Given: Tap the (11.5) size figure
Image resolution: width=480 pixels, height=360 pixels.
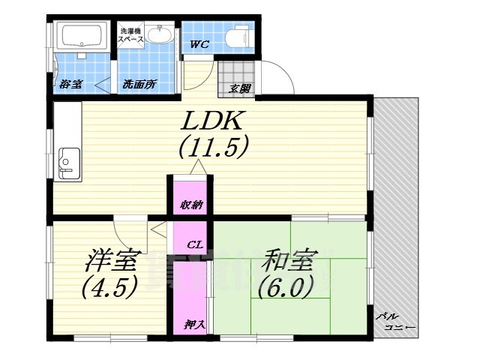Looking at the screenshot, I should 213,148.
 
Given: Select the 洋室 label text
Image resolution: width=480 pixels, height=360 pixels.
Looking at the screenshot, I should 109,262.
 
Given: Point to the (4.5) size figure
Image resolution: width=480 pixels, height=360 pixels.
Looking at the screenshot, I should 109,287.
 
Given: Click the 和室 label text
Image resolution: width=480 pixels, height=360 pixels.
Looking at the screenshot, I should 287,262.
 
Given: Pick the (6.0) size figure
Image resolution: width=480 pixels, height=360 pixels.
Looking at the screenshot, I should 285,287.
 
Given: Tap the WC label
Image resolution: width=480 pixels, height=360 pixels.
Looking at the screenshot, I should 199,43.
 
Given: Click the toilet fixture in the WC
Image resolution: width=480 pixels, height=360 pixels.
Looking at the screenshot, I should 239,35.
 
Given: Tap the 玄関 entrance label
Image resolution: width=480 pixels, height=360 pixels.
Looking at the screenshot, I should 240,89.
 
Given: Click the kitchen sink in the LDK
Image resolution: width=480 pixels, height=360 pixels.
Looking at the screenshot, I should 68,163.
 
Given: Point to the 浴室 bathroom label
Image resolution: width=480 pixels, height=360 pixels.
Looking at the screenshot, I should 71,84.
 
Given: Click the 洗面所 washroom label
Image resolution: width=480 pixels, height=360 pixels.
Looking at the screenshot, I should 139,84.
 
